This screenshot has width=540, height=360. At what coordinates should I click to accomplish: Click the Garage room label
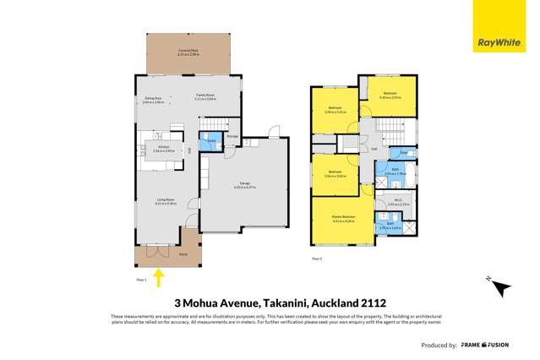pyautogui.click(x=241, y=185)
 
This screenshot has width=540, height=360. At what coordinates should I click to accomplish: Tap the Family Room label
pyautogui.click(x=205, y=96)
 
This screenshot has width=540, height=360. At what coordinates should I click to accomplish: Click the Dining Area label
pyautogui.click(x=153, y=98)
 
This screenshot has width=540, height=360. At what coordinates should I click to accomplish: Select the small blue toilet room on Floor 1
pyautogui.click(x=211, y=140)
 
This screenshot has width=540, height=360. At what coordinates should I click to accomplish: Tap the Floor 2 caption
pyautogui.click(x=317, y=257)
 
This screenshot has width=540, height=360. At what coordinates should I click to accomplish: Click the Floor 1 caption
pyautogui.click(x=141, y=278)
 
